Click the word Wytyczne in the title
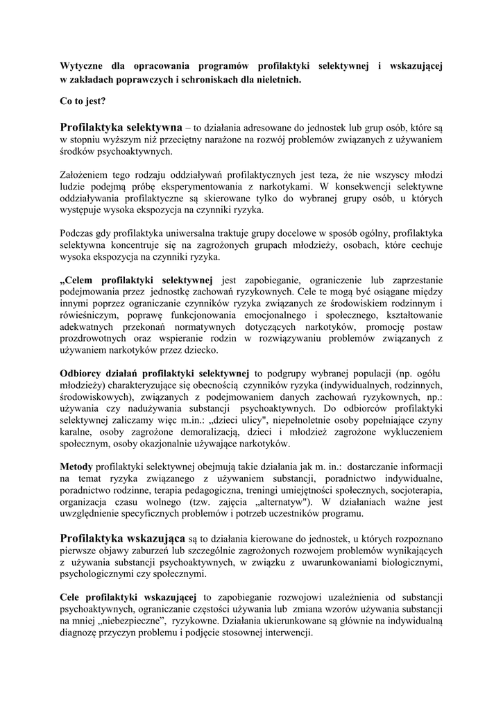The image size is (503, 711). [x=83, y=67]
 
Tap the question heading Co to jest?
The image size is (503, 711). [x=83, y=101]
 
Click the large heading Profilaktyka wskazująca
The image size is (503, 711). [x=122, y=538]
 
